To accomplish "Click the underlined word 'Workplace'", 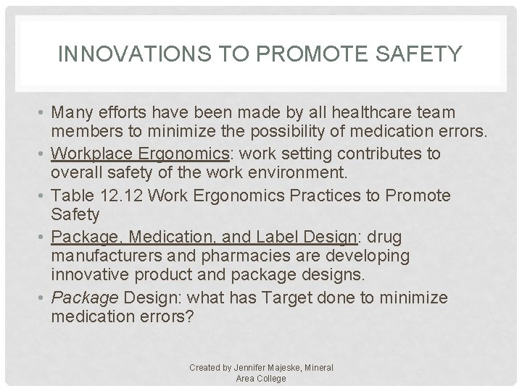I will [x=90, y=154].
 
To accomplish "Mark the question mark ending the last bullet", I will [x=191, y=314].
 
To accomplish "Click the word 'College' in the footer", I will [x=270, y=378].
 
